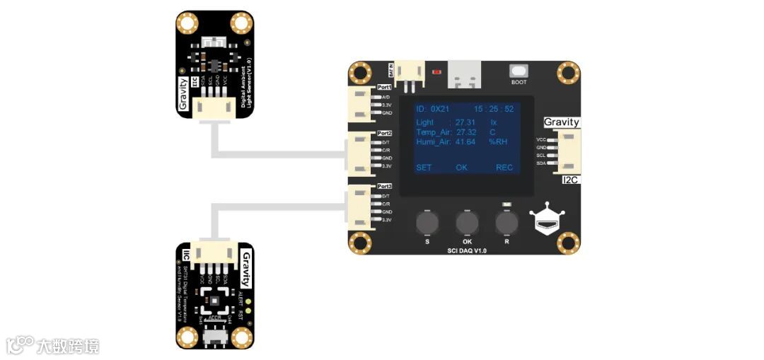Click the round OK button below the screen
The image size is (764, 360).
point(466,223)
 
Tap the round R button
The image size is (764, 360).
point(507,223)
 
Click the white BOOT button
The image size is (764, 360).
point(519,71)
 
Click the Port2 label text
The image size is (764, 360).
point(385,133)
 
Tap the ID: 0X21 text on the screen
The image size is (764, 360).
point(432,109)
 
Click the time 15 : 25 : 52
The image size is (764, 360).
point(494,109)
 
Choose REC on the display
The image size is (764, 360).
point(504,168)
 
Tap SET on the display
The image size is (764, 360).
point(424,168)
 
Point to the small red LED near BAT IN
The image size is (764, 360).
point(436,71)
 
